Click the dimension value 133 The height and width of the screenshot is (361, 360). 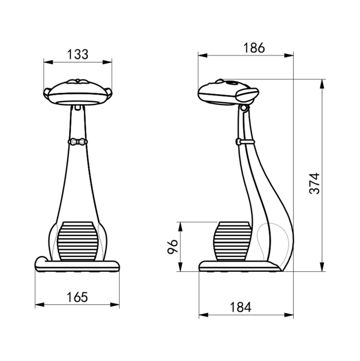pos(77,54)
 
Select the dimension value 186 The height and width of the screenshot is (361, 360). pos(254,48)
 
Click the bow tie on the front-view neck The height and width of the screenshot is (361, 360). pos(77,142)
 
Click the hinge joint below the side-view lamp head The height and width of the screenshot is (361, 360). pos(244,108)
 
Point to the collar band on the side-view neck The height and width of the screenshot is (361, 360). pos(245,141)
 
